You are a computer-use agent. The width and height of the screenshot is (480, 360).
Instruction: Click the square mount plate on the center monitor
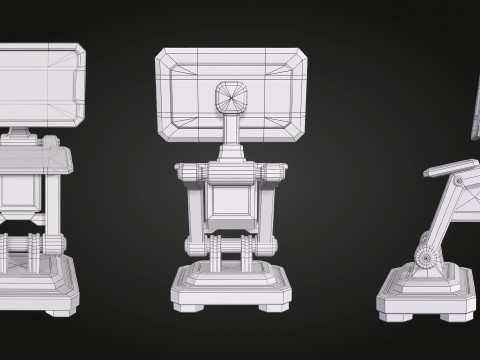231,97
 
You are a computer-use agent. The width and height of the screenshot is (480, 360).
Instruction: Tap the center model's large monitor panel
190,95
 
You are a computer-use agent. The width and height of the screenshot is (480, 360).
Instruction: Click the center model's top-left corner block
191,172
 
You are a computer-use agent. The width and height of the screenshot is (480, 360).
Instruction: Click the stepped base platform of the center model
230,285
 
